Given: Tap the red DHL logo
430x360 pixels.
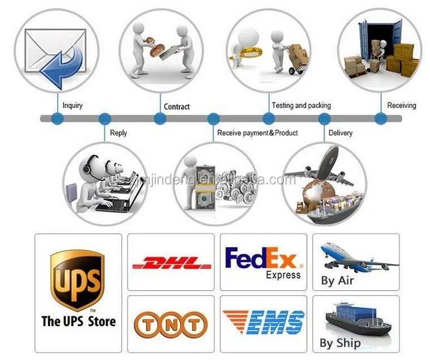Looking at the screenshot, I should click(x=171, y=264).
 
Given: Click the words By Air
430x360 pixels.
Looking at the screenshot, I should click(x=337, y=281).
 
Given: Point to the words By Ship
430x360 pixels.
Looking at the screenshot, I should click(x=340, y=342).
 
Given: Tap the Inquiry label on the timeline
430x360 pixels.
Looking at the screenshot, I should click(x=73, y=105).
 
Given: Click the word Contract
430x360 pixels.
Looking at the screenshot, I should click(x=177, y=106).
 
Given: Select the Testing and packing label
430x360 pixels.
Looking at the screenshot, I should click(x=301, y=105).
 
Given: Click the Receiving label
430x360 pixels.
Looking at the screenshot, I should click(x=401, y=105).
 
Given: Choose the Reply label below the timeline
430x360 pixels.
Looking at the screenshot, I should click(x=118, y=133).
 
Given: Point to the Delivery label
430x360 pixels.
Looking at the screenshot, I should click(x=340, y=133).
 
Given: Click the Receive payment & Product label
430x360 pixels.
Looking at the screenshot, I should click(x=257, y=133).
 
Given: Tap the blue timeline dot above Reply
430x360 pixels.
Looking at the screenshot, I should click(x=105, y=119).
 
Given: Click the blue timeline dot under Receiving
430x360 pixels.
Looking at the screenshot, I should click(x=381, y=119).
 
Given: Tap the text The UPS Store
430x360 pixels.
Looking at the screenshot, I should click(x=78, y=322).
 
